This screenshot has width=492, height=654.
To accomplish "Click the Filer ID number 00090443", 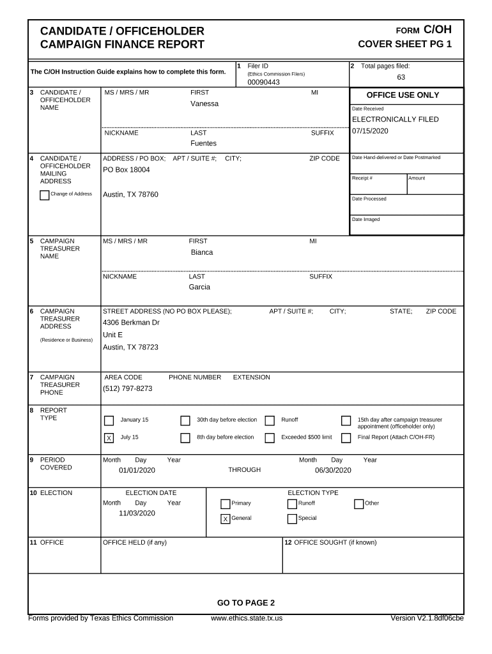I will click(259, 82).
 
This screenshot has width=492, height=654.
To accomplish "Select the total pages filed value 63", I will click(401, 77).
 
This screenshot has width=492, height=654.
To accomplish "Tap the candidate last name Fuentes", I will click(203, 144).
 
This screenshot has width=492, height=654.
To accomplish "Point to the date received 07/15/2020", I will click(370, 131).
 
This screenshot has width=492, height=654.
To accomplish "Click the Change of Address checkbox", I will click(44, 195).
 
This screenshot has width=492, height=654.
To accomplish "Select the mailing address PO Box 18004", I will click(127, 170).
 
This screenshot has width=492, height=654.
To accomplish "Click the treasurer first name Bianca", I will click(202, 252).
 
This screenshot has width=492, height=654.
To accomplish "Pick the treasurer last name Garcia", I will click(199, 287).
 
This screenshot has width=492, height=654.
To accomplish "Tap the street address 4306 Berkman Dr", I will click(131, 323).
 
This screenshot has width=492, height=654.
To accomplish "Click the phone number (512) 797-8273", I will click(128, 388).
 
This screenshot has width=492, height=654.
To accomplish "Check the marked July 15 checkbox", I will click(109, 438).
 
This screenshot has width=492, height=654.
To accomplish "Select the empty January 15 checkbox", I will click(109, 420).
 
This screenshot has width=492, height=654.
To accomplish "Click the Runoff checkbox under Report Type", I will click(270, 420).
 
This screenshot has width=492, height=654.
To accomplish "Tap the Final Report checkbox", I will click(346, 438).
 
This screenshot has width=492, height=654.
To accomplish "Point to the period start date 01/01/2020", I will click(137, 471).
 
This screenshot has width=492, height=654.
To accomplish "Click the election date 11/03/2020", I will click(137, 513).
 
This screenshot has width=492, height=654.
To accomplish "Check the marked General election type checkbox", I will click(225, 519).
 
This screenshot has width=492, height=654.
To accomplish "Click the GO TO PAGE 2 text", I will click(245, 603).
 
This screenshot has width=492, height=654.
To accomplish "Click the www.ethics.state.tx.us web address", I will click(246, 618).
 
